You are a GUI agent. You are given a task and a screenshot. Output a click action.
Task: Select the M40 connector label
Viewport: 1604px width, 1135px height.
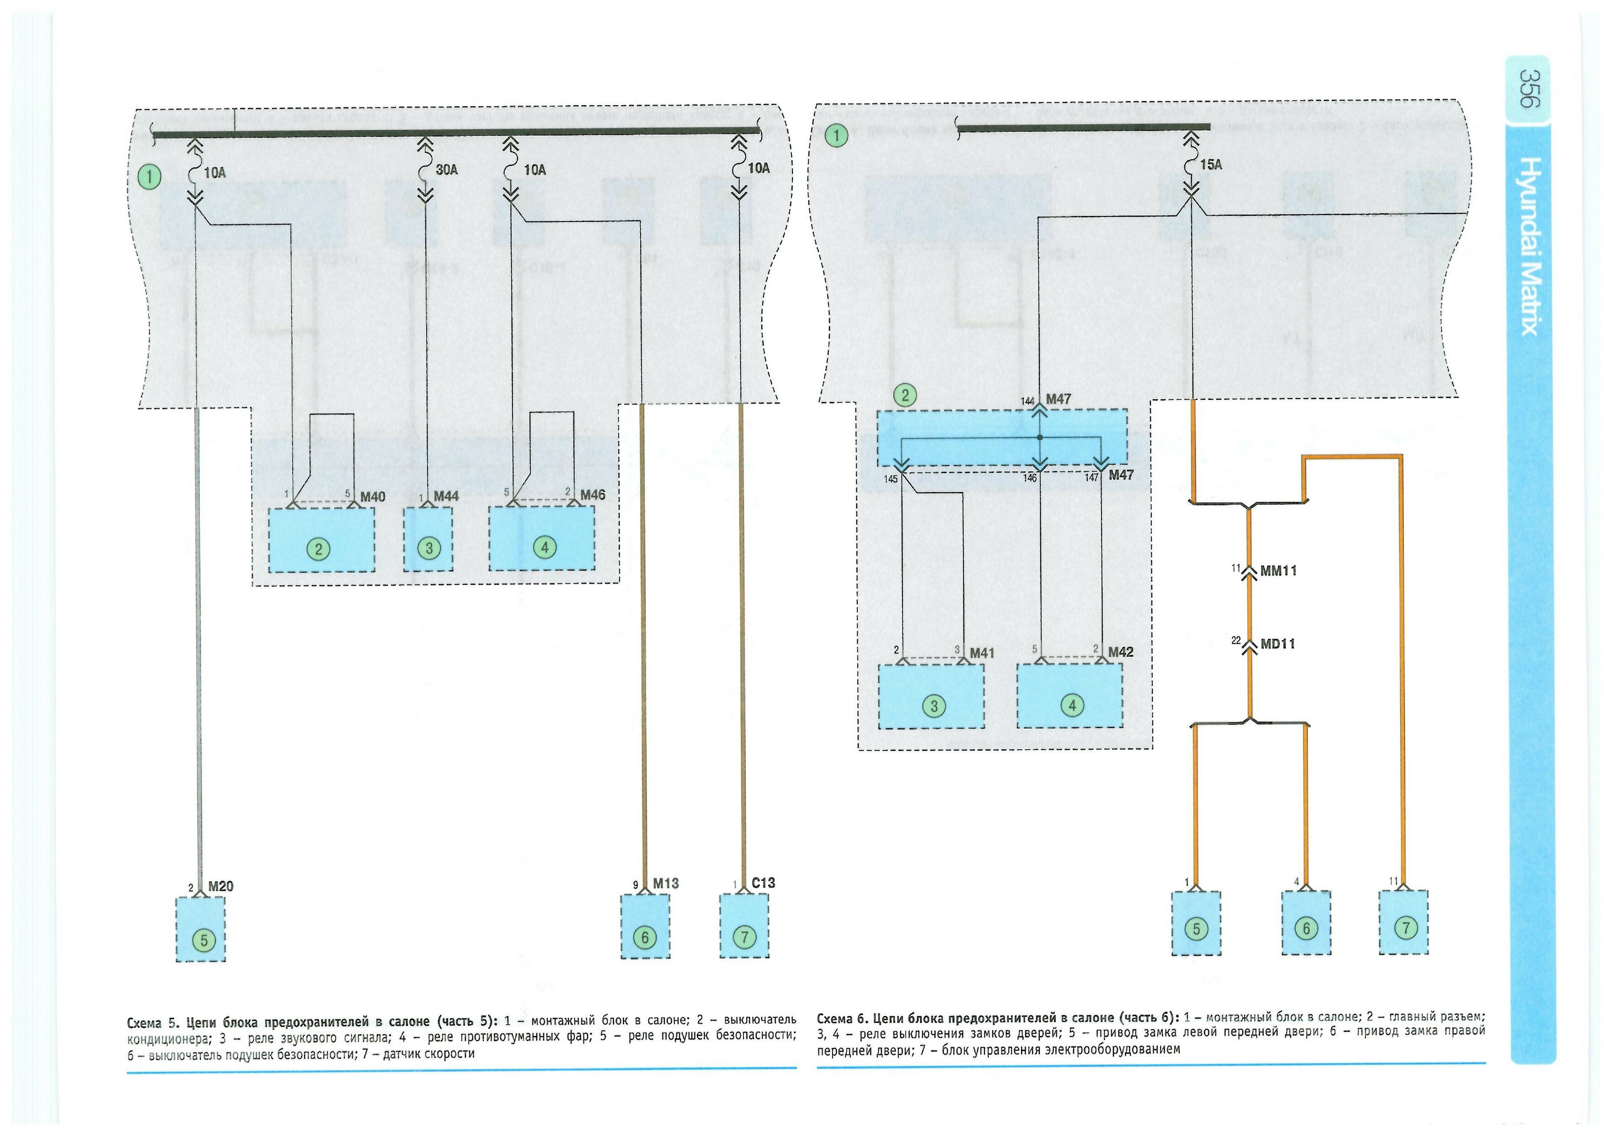point(373,497)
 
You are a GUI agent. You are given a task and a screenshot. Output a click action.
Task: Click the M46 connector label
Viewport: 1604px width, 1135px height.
point(593,495)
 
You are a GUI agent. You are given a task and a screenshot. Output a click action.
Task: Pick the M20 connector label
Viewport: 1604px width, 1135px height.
point(221,886)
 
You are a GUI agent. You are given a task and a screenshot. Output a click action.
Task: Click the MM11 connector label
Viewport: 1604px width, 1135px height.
point(1278,571)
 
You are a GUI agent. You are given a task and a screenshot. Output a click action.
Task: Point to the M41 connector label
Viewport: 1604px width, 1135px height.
point(982,653)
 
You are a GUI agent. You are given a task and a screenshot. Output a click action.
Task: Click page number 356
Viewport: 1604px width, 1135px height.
point(1529,88)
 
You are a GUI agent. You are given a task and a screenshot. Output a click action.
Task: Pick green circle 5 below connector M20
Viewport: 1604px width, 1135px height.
point(204,941)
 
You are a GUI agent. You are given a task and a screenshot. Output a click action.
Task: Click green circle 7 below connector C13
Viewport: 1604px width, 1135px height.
point(744,937)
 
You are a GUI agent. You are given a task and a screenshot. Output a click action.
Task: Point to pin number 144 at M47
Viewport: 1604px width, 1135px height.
point(1027,402)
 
